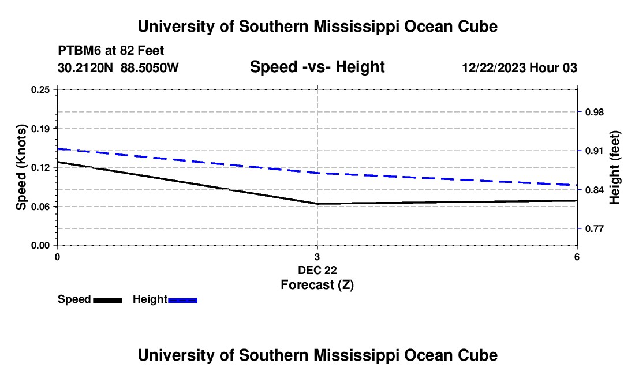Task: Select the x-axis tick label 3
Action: tap(317, 257)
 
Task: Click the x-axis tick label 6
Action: tap(577, 257)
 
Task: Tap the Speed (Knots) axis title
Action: tap(21, 167)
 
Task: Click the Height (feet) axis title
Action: tap(614, 167)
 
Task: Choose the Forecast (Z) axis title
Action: tap(317, 285)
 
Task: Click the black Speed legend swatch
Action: tap(108, 300)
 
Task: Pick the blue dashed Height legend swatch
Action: tap(182, 300)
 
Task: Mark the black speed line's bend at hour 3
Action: tap(317, 204)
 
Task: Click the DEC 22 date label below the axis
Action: tap(317, 270)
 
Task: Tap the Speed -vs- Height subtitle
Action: tap(317, 67)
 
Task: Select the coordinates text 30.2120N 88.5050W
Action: tap(118, 67)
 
